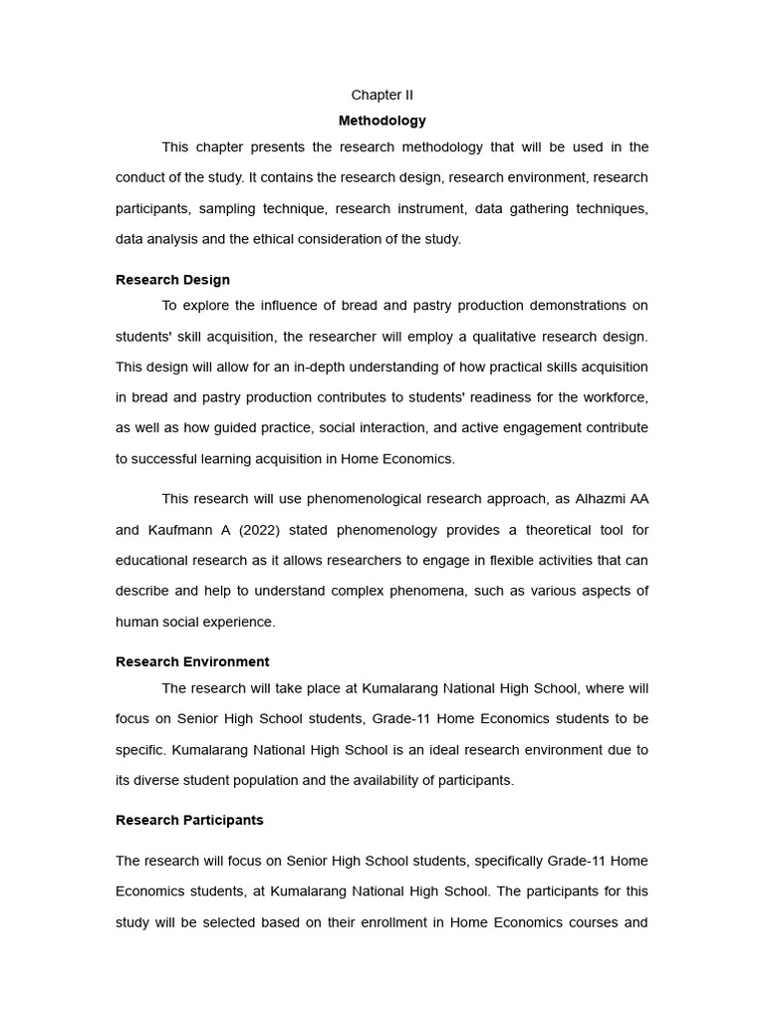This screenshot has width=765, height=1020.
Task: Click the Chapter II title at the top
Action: point(382,95)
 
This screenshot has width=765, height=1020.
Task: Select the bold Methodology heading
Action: point(382,121)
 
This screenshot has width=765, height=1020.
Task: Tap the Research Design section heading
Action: point(172,280)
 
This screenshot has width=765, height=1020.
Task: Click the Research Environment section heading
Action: point(192,661)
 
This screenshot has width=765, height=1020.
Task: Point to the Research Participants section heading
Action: point(189,820)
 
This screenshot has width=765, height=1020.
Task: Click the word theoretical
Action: point(547,530)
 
